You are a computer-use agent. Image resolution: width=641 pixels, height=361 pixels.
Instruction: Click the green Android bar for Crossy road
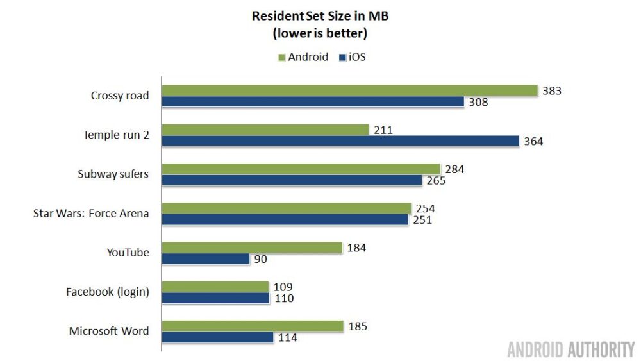tap(349, 90)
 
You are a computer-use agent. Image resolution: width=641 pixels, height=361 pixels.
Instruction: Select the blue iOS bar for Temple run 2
tap(340, 140)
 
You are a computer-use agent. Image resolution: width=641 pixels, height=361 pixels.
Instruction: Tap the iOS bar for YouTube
tap(206, 259)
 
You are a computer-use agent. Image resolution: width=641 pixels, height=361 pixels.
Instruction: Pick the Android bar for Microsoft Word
tap(253, 326)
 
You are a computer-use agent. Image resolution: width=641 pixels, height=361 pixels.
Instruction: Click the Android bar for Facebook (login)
tap(215, 287)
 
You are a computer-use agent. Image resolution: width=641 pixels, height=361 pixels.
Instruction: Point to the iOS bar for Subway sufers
tap(292, 180)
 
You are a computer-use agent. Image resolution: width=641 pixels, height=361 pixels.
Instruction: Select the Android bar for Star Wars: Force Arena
tap(287, 208)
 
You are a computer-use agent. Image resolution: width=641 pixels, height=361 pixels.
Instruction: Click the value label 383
tap(551, 91)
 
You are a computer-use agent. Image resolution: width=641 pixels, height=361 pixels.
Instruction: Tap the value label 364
tap(533, 141)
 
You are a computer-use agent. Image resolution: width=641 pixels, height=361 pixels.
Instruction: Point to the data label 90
tap(260, 260)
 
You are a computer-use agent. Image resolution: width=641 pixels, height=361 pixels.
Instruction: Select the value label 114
tap(287, 337)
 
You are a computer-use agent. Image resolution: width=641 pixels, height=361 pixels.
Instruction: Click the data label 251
tap(422, 220)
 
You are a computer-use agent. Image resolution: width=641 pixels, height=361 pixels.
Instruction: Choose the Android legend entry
tap(303, 57)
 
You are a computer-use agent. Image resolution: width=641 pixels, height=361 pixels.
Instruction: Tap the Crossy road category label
tap(120, 96)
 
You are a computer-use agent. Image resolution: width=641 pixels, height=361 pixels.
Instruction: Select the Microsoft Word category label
tap(109, 332)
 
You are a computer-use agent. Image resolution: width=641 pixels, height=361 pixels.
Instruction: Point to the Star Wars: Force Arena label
tap(91, 214)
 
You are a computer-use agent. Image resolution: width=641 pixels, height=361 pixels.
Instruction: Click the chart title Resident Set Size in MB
tap(320, 16)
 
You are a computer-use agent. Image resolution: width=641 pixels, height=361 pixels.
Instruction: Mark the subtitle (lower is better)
tap(320, 33)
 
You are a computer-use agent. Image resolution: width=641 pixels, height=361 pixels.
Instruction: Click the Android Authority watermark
tap(570, 349)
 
